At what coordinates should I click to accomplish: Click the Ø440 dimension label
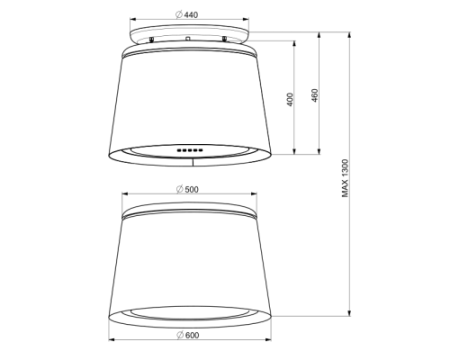click(x=187, y=15)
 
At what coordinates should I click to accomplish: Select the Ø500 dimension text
click(x=187, y=189)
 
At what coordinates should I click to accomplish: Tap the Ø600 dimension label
click(x=188, y=335)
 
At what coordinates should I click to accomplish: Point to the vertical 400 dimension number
click(x=290, y=99)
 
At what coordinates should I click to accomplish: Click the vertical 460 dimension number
click(x=315, y=95)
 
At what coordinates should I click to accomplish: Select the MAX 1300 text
click(x=345, y=178)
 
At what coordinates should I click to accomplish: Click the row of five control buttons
click(x=190, y=150)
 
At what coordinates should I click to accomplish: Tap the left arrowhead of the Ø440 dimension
click(x=133, y=19)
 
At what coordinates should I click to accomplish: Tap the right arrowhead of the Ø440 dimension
click(x=245, y=19)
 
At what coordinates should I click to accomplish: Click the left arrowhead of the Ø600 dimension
click(x=112, y=340)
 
